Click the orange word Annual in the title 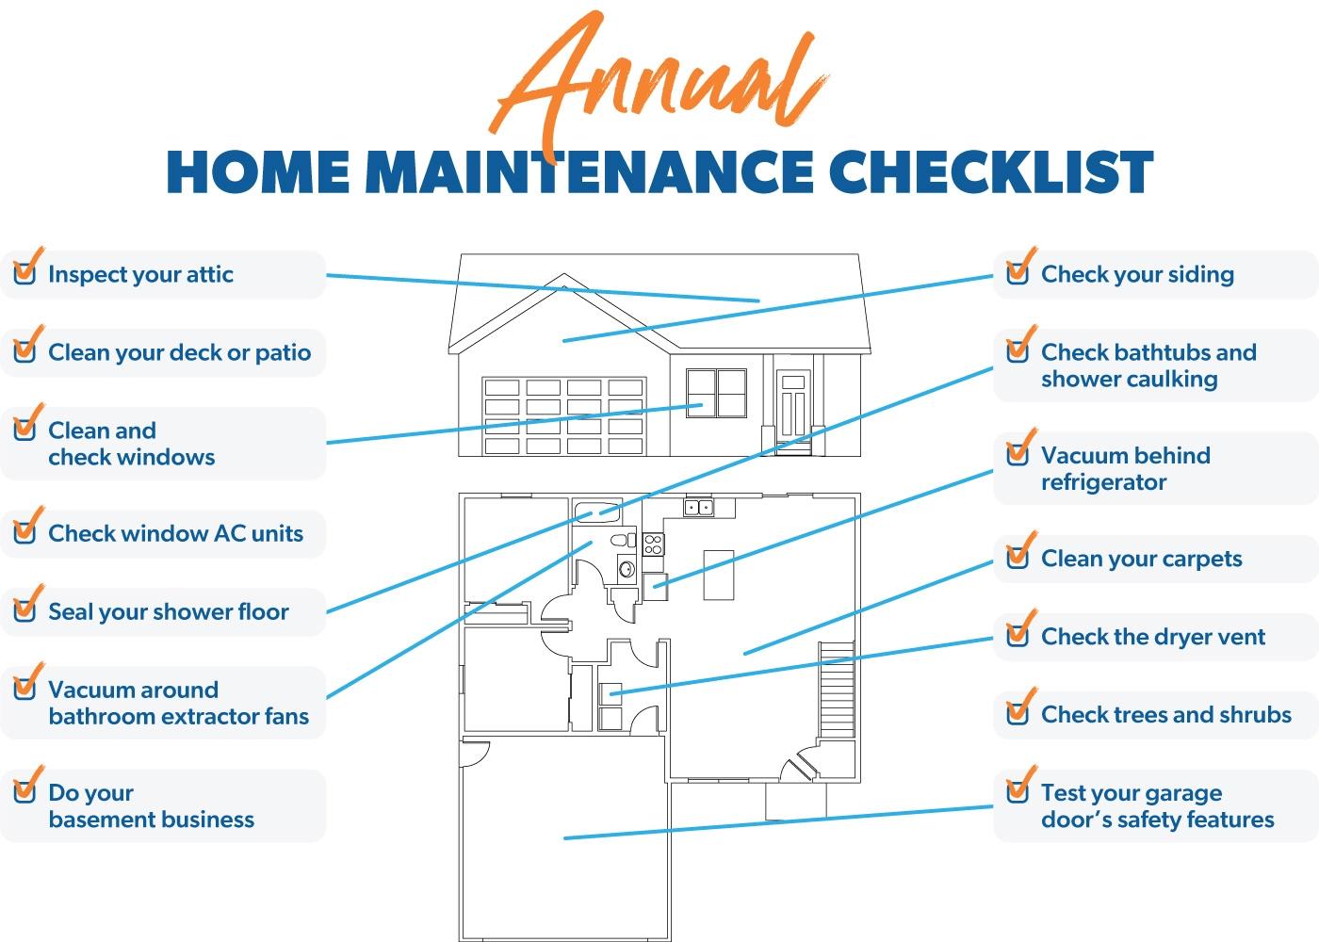pyautogui.click(x=659, y=83)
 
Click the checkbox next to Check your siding pyautogui.click(x=1019, y=272)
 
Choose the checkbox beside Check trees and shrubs pyautogui.click(x=1019, y=712)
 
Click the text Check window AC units pyautogui.click(x=175, y=533)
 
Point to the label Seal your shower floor pyautogui.click(x=169, y=612)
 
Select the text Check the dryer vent pyautogui.click(x=1153, y=637)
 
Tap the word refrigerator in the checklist pyautogui.click(x=1103, y=482)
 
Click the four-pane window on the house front pyautogui.click(x=717, y=394)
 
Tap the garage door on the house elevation pyautogui.click(x=564, y=416)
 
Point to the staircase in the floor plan pyautogui.click(x=837, y=689)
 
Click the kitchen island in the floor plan pyautogui.click(x=719, y=576)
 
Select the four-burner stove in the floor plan pyautogui.click(x=653, y=544)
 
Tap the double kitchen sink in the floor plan pyautogui.click(x=698, y=508)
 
